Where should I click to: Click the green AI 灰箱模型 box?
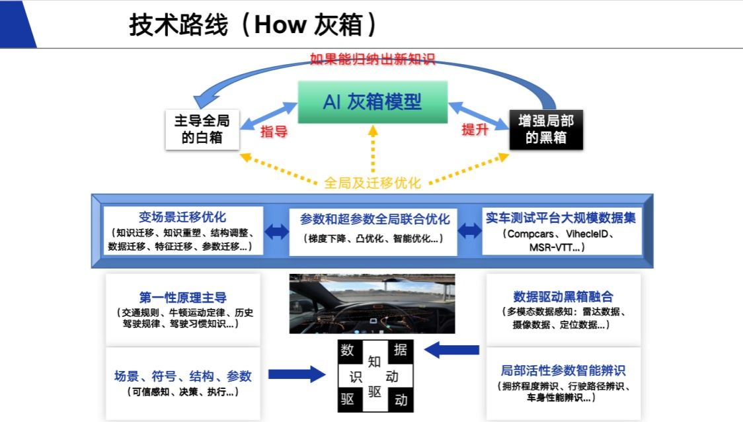pos(372,102)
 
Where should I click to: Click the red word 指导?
pos(274,131)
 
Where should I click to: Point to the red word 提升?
pos(475,130)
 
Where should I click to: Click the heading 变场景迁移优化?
pos(182,217)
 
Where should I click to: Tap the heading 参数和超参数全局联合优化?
pos(375,219)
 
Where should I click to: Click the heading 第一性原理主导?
pos(183,298)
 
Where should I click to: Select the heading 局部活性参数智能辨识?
pos(563,370)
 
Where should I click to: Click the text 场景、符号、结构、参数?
pos(183,376)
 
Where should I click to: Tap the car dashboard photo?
pos(372,304)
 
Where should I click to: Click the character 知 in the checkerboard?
pos(375,362)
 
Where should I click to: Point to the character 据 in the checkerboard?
pos(401,351)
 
